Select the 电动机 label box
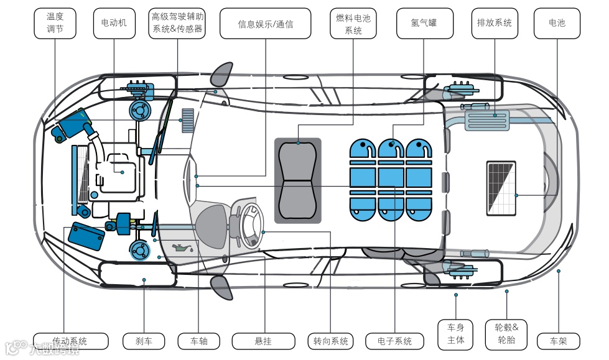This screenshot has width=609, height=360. tap(114, 24)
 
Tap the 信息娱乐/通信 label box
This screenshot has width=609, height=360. tap(266, 24)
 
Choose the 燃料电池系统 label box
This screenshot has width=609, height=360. tap(353, 24)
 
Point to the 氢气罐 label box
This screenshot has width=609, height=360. tap(424, 24)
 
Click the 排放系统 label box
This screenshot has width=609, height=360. tap(495, 24)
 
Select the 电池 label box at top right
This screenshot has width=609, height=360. tap(557, 24)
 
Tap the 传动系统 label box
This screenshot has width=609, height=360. tap(70, 341)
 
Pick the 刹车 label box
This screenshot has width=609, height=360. tap(144, 341)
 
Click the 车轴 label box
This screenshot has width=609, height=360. tap(198, 341)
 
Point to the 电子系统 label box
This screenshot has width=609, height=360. tap(395, 341)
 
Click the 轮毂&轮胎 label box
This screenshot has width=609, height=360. tap(506, 335)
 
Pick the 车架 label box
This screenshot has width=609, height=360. tap(558, 341)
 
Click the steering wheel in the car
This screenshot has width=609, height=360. tap(250, 223)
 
